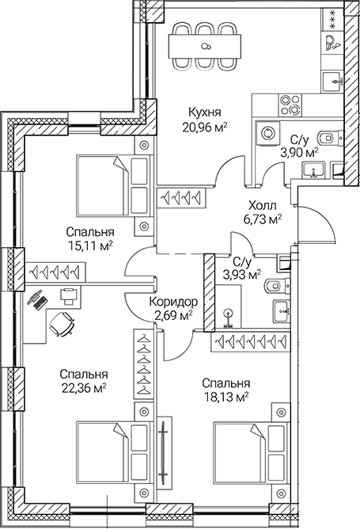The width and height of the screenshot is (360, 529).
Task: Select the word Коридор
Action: click(172, 302)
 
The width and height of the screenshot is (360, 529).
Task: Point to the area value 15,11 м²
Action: click(88, 245)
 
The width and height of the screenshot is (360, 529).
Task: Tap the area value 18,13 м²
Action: click(225, 396)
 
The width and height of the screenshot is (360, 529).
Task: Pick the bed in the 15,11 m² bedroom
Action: click(112, 185)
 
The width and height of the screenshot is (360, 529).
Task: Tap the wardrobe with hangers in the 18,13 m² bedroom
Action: click(254, 341)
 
